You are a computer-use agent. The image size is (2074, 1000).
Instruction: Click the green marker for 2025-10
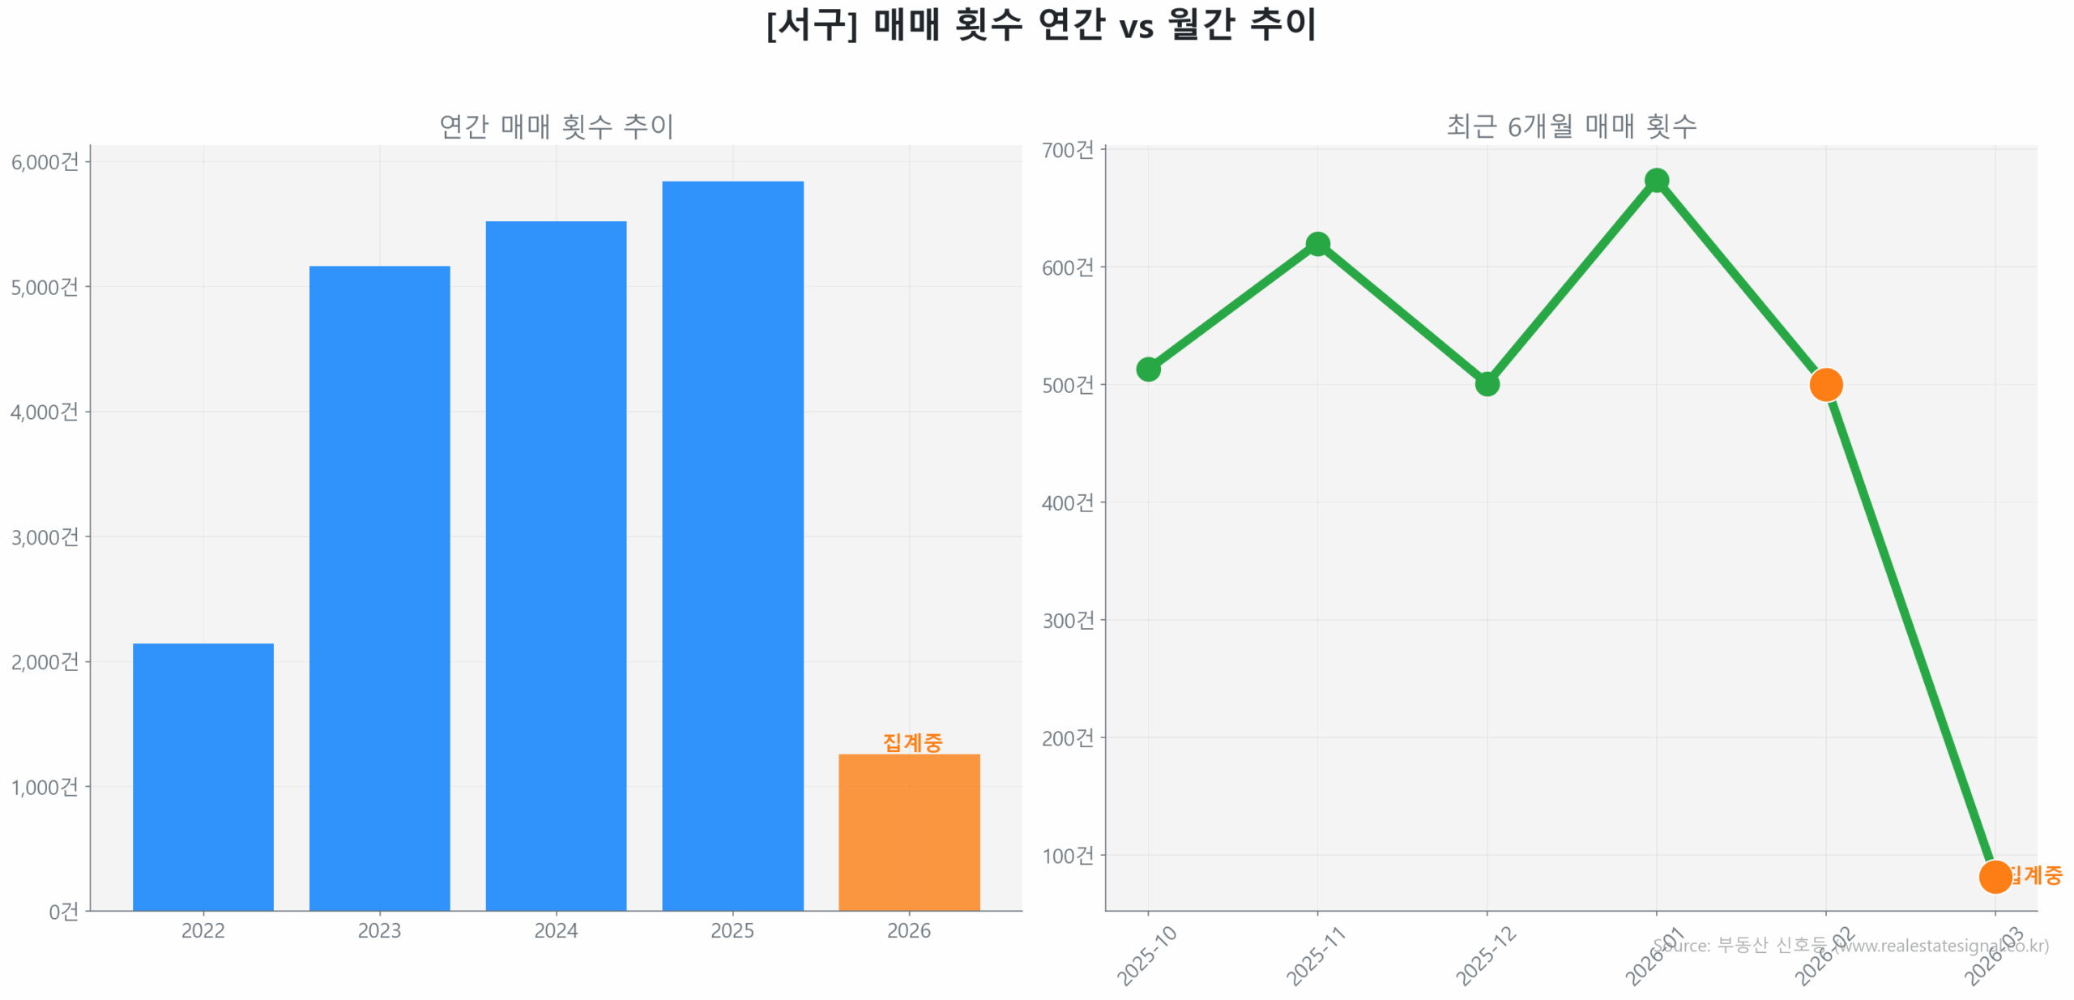point(1148,370)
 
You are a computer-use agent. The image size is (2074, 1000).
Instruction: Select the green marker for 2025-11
point(1317,244)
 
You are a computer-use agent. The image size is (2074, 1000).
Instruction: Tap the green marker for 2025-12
point(1487,383)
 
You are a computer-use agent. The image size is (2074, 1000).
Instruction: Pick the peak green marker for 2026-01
point(1657,181)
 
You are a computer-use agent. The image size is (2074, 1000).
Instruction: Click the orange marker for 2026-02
point(1826,384)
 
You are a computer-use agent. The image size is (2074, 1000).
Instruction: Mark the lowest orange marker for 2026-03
point(1995,876)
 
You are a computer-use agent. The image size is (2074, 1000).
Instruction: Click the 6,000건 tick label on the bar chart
point(45,162)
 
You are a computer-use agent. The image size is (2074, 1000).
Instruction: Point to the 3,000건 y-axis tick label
point(45,536)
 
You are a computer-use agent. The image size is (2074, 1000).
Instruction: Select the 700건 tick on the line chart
point(1068,151)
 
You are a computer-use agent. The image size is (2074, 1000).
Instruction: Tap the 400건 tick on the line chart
point(1068,502)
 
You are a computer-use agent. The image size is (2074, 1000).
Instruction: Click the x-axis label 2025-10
point(1146,956)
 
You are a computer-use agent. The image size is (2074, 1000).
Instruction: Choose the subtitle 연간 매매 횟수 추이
point(557,126)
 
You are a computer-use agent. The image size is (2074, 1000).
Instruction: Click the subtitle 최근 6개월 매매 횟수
point(1571,126)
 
